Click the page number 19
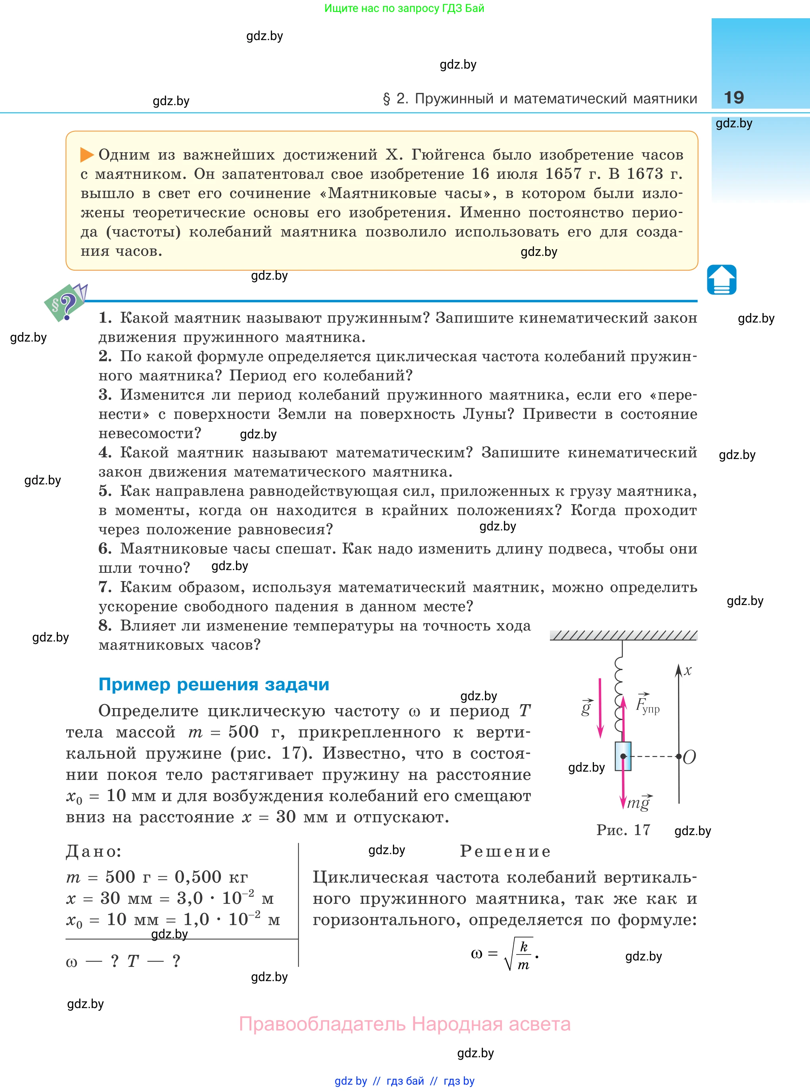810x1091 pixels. point(733,98)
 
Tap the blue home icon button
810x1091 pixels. point(721,280)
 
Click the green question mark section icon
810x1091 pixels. point(65,303)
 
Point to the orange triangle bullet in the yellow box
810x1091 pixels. point(87,155)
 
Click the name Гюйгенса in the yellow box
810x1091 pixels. point(447,155)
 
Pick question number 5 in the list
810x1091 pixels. point(105,491)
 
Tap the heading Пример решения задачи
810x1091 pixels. point(214,684)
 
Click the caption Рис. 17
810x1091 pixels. point(623,830)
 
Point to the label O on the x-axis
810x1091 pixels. point(689,757)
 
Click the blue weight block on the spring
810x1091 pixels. point(623,756)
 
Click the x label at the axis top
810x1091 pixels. point(688,670)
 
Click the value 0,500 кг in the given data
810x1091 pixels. point(211,877)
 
